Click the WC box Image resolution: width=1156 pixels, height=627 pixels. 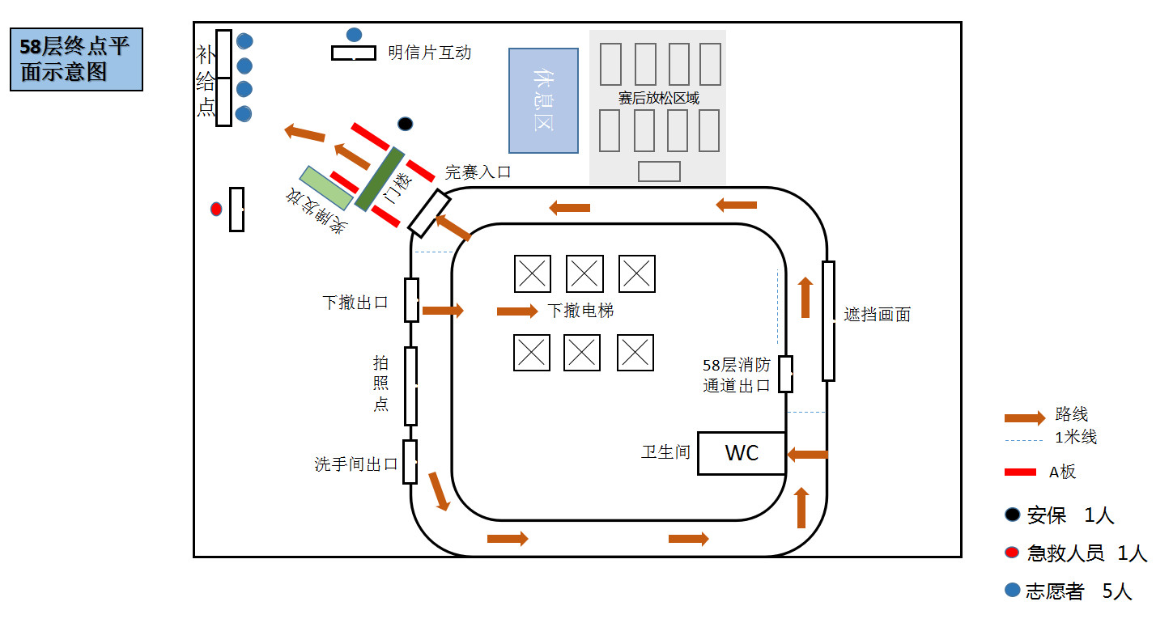pos(742,453)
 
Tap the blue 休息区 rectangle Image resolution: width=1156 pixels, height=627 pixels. pos(543,100)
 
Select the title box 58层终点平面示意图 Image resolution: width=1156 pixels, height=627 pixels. pos(76,59)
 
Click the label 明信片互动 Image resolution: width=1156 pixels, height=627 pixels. pos(429,53)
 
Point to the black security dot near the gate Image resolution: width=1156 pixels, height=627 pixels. pos(406,124)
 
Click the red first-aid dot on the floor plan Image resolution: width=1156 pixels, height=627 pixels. pos(216,209)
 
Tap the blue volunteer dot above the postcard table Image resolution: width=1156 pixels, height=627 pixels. pos(354,35)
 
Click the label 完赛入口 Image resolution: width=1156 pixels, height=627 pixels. pos(478,172)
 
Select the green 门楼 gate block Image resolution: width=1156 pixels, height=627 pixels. pos(380,179)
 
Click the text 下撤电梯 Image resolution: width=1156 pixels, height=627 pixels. pos(580,311)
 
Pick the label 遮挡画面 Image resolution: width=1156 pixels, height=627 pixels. pos(877,315)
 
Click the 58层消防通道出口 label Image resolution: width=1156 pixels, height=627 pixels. pos(736,375)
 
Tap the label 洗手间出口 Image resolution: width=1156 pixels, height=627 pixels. pos(356,464)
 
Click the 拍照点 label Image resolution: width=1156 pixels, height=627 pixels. pos(381,383)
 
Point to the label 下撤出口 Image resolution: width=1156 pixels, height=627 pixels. pos(355,303)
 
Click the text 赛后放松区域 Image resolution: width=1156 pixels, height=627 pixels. pos(658,99)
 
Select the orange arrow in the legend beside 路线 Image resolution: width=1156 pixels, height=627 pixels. pos(1025,417)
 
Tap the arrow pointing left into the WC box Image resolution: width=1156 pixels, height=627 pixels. pos(807,455)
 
